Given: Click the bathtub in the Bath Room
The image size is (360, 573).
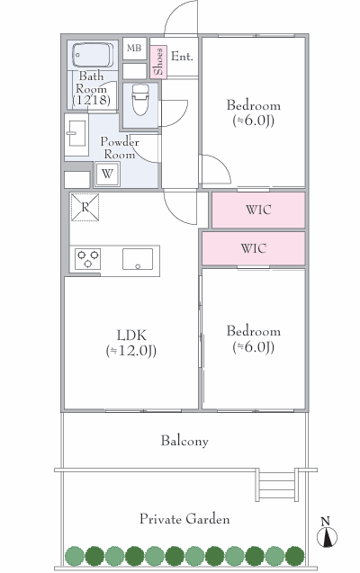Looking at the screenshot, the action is [x=93, y=55].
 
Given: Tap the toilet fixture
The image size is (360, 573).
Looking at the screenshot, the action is [x=140, y=99].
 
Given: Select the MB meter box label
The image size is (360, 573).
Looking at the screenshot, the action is [x=134, y=48].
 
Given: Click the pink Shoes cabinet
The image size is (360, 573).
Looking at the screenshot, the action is [x=158, y=62].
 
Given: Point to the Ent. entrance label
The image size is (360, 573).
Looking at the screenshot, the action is [x=182, y=57].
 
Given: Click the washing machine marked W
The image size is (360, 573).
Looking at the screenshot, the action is [x=107, y=174].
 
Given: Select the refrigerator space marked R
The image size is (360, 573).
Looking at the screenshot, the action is [x=85, y=207].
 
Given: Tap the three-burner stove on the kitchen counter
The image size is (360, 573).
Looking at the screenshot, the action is [x=87, y=258].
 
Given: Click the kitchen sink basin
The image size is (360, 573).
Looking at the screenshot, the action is [x=138, y=259].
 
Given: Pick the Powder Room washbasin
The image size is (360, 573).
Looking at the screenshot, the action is [x=76, y=133].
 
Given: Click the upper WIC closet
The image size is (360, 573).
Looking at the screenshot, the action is [x=258, y=210].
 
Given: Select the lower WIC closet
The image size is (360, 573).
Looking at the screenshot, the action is [x=253, y=248].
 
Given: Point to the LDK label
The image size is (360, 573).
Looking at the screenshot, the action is [x=131, y=335].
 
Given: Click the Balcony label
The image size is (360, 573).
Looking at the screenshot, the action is [x=184, y=441].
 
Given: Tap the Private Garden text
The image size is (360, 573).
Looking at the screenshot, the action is [x=184, y=519].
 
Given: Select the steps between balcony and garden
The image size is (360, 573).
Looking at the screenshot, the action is [x=276, y=485].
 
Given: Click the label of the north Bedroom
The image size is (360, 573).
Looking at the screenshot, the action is [x=253, y=105].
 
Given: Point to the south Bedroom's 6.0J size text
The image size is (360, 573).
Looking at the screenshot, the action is [x=253, y=347].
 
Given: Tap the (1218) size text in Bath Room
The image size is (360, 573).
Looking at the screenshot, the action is [x=92, y=100].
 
